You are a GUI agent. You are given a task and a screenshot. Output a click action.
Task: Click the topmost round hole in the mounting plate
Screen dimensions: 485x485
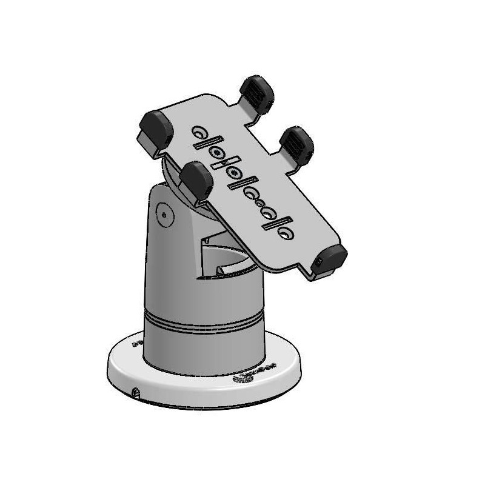pos(199,132)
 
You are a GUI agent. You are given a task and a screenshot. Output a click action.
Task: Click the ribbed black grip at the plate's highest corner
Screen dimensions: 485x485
pos(256,93)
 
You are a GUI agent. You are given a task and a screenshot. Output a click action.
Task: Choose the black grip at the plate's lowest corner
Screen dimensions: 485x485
pos(331,258)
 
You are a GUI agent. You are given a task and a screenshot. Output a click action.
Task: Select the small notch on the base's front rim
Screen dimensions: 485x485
pos(137,393)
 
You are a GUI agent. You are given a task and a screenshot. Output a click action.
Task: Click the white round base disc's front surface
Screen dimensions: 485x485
pos(200,391)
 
